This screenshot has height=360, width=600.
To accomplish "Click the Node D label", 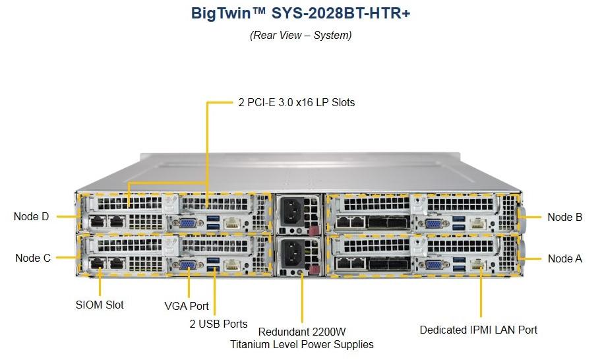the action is click(32, 216).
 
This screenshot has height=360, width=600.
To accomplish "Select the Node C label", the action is click(33, 258).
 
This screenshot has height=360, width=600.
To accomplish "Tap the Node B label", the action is click(565, 218).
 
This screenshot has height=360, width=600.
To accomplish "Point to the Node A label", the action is click(565, 258).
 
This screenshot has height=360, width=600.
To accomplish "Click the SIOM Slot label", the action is click(100, 305).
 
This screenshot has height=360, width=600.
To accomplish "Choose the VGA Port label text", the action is click(187, 306).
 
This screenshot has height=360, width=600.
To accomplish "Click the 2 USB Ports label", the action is click(218, 324).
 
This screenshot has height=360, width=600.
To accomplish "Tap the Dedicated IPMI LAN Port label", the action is click(478, 330).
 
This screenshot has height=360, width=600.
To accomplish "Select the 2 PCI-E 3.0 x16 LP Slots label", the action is click(297, 103).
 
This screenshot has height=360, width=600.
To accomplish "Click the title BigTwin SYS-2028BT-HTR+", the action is click(301, 13).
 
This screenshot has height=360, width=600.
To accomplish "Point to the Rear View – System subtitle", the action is click(301, 35).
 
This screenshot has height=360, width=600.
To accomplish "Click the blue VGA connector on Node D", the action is click(188, 224).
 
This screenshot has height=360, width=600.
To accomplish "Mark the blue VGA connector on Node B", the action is click(433, 223).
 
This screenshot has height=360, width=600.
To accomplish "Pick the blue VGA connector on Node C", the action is click(188, 265).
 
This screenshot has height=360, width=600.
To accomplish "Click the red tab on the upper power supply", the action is click(313, 231).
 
